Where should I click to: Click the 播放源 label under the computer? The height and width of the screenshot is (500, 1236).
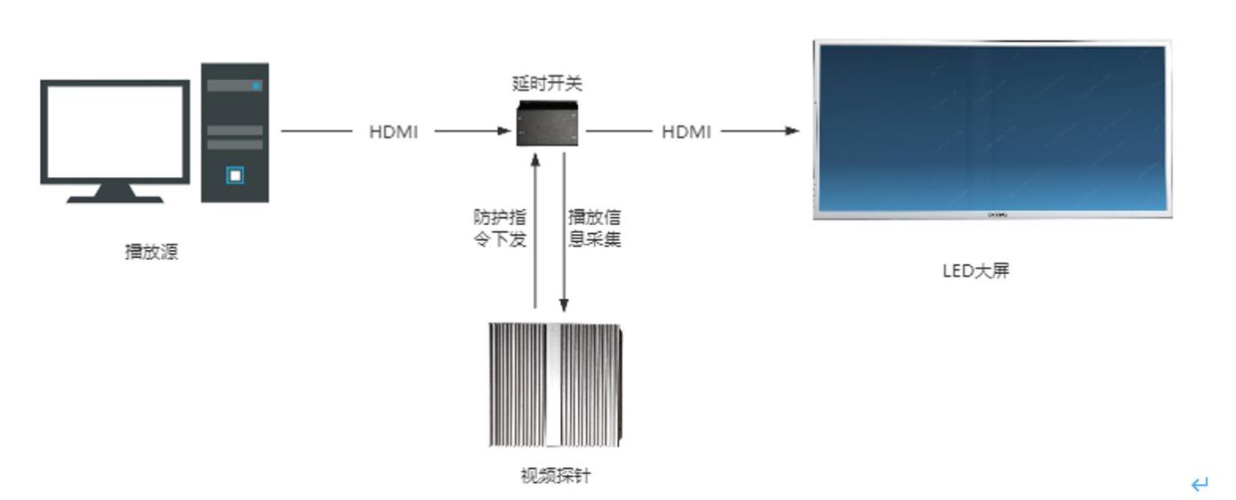coord(151,252)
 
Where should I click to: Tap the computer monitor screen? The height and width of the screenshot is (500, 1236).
coord(115,132)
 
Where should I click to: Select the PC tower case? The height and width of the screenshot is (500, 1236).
coord(235,133)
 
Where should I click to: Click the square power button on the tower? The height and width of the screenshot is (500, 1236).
coord(235,175)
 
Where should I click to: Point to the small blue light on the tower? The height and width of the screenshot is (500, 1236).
coord(257,85)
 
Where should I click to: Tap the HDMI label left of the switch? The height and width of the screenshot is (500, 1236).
coord(393,132)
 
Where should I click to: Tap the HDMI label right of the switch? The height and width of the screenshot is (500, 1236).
coord(686,132)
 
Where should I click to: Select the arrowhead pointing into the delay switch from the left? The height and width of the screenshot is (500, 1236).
coord(504,131)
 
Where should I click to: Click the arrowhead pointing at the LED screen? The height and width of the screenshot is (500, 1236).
coord(792,131)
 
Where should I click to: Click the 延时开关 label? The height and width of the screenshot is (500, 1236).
coord(547,84)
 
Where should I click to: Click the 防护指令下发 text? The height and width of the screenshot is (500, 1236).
coord(500,228)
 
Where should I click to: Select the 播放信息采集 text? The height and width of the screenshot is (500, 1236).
coord(594,228)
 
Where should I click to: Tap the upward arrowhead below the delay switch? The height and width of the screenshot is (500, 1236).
coord(535,161)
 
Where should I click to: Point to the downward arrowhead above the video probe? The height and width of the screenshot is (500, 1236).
coord(564,304)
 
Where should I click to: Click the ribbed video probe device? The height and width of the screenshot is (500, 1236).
coord(556,384)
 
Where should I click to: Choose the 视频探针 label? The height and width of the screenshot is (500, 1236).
coord(556,475)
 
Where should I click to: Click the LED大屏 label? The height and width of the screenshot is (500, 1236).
coord(975,270)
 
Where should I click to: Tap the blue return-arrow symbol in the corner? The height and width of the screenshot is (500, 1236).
coord(1200,485)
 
